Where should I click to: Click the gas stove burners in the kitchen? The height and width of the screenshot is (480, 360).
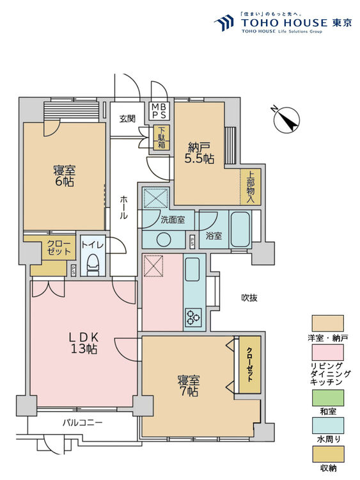[x=194, y=314]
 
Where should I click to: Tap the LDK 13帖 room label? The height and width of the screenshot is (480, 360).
[x=83, y=342]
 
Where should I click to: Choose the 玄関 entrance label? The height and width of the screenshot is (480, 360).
[x=127, y=118]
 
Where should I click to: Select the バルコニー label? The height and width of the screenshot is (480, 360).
[x=82, y=423]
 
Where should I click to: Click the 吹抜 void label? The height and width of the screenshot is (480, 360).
[x=249, y=298]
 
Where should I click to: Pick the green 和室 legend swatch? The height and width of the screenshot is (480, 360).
[x=327, y=396]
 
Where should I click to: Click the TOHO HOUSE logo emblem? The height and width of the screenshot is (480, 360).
[x=223, y=23]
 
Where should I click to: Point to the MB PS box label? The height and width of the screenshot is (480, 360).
[x=159, y=111]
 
